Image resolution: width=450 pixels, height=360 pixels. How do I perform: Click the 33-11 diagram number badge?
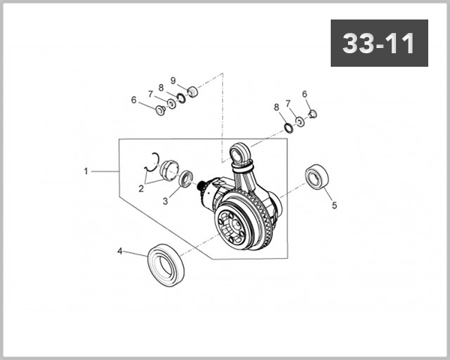click(x=379, y=43)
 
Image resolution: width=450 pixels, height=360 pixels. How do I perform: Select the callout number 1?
click(x=86, y=171)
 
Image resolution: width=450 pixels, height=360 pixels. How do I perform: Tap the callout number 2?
click(x=140, y=189)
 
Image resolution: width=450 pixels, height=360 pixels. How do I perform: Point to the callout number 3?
click(x=166, y=202)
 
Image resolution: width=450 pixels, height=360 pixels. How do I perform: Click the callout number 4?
click(x=119, y=251)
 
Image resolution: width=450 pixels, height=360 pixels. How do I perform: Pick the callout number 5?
click(x=334, y=203)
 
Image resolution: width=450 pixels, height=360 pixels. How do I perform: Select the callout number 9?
click(x=172, y=80)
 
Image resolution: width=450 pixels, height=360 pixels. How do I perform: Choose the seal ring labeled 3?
click(x=186, y=180)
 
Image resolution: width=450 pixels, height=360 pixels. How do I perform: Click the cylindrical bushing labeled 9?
click(x=191, y=91)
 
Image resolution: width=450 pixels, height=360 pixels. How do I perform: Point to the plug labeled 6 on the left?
click(x=159, y=110)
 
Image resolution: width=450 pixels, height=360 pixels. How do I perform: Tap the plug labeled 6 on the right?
click(x=314, y=114)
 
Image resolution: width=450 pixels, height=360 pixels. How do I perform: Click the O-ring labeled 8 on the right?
click(x=286, y=124)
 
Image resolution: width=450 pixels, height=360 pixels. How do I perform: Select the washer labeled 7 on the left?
click(x=171, y=103)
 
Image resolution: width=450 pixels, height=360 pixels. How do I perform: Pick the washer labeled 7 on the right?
click(x=300, y=120)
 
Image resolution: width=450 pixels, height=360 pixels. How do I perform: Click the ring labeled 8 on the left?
click(x=181, y=98)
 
